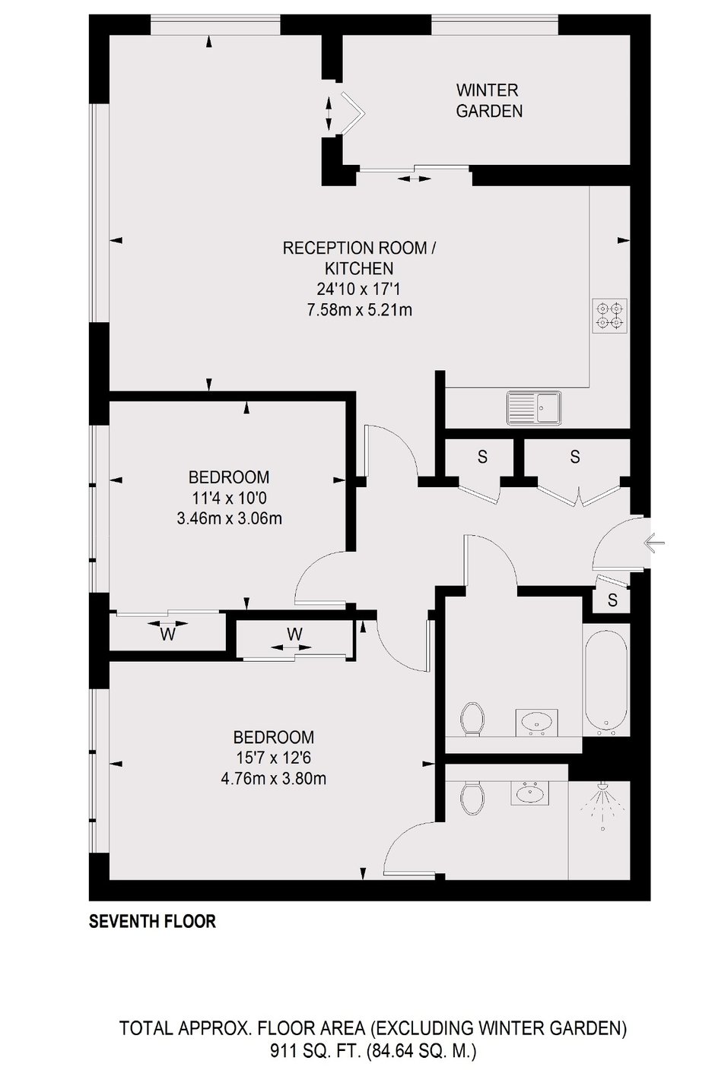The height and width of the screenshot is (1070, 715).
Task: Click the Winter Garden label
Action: coord(489,100)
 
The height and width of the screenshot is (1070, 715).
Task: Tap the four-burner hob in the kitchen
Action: coord(610,315)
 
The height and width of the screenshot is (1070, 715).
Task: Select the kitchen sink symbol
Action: coord(535,407)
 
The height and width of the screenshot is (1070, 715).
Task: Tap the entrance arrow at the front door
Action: coord(654,543)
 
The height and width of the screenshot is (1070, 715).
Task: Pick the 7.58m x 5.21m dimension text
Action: coord(360,310)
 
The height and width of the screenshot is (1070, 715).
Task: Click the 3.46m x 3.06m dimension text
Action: coord(229,518)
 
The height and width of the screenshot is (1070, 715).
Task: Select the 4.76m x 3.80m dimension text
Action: coord(274,779)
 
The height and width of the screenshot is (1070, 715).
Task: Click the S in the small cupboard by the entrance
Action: coord(612,600)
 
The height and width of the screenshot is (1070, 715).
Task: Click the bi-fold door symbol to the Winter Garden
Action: coord(352,113)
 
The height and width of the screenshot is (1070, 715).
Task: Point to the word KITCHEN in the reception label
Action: coord(359,268)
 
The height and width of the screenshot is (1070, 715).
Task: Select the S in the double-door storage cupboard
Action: coord(575,457)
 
